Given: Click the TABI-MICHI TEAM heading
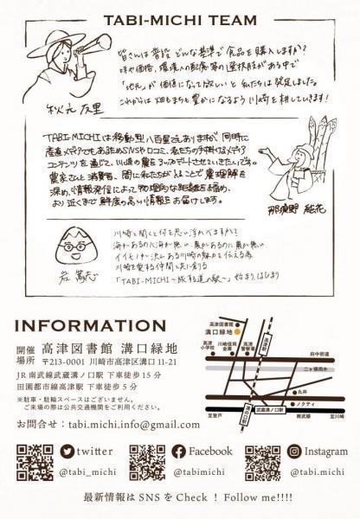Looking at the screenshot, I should [180, 20].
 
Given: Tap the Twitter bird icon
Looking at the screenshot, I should [67, 452].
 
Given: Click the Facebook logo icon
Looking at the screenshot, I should [178, 452].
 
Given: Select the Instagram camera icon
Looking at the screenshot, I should [294, 452].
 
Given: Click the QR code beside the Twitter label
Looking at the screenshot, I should [35, 460].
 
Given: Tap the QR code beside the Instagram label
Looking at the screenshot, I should [262, 460].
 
